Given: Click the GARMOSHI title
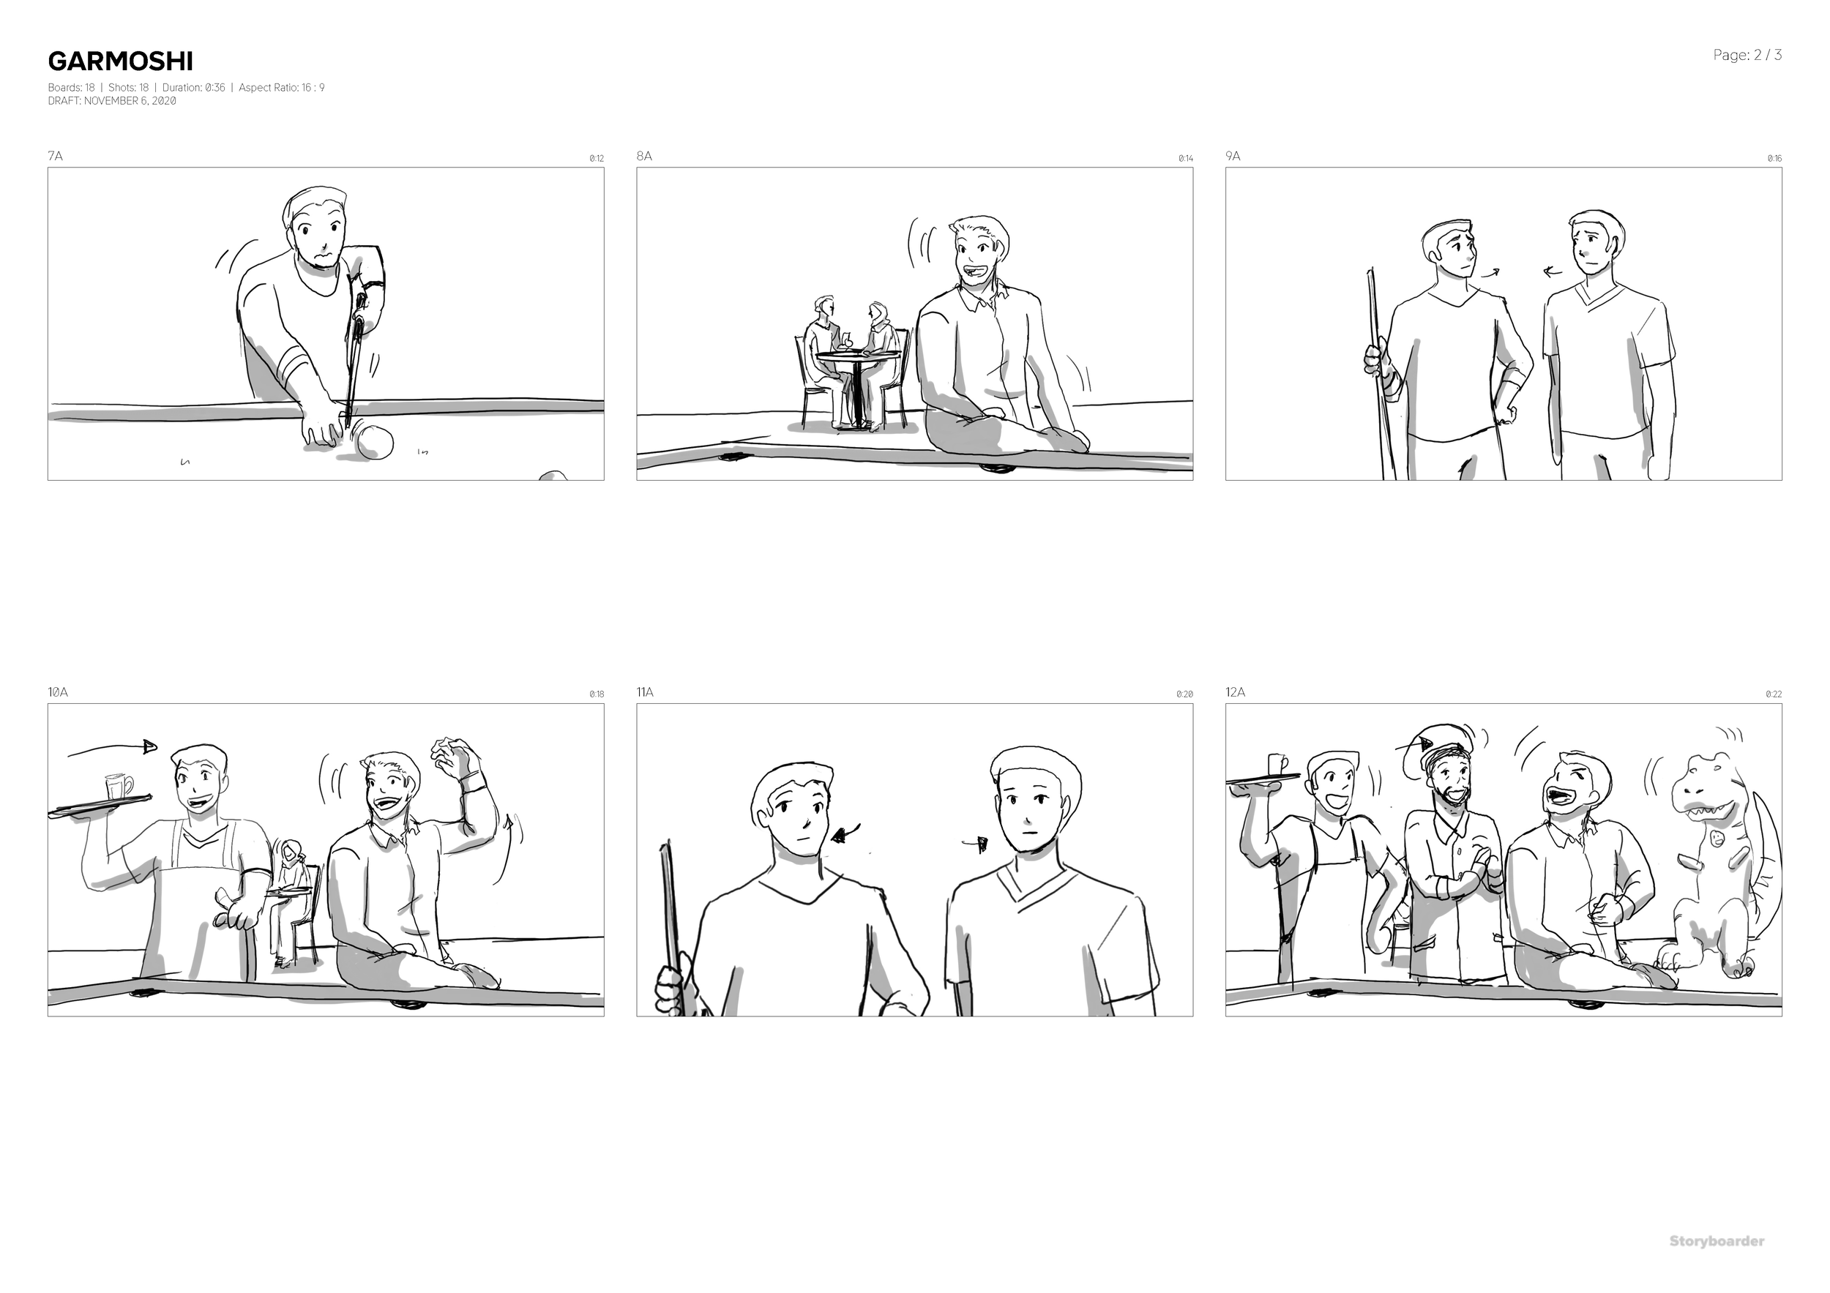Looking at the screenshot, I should click(x=119, y=61).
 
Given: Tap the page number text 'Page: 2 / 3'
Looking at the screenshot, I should click(x=1747, y=55).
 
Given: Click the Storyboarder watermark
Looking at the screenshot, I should click(x=1716, y=1241).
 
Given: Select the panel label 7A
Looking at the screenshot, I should click(x=55, y=156).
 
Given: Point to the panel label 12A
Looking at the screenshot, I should click(x=1235, y=692).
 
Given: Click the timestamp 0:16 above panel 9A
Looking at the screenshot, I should click(x=1774, y=159).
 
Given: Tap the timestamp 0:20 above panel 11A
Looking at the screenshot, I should click(x=1184, y=694).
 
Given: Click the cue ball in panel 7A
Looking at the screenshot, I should click(x=375, y=443).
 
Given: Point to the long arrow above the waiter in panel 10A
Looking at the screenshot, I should click(x=111, y=749).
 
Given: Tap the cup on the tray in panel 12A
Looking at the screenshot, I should click(x=1277, y=765).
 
